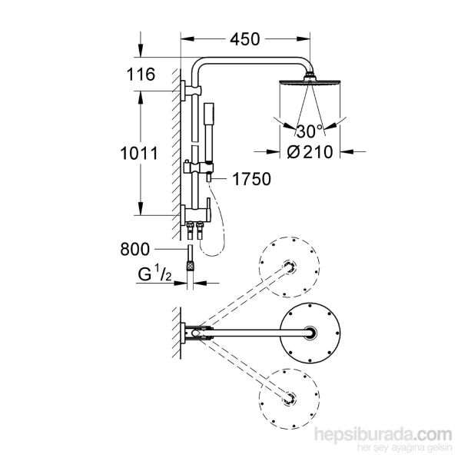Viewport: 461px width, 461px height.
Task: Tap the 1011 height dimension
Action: pos(139,152)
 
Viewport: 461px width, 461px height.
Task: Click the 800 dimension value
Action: pos(137,249)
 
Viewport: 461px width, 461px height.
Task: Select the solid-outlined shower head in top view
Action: pos(310,333)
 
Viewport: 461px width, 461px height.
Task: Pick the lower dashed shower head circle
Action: pos(288,398)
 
